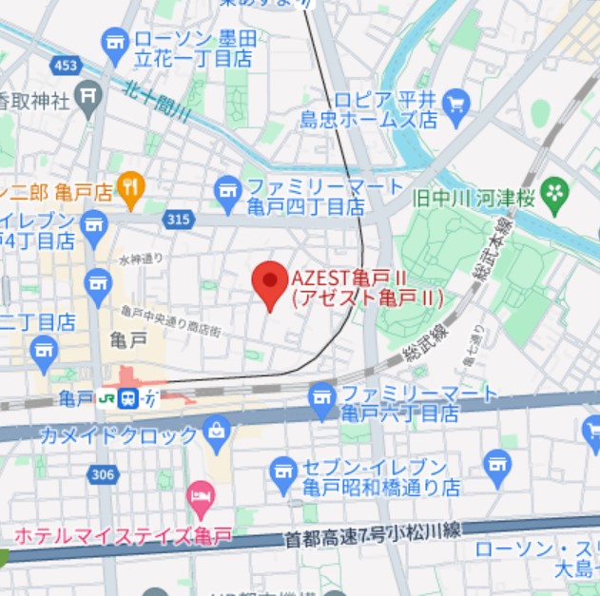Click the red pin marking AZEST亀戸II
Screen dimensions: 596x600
(x=270, y=282)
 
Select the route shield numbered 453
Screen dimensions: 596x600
(x=67, y=66)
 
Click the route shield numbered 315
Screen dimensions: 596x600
(x=178, y=221)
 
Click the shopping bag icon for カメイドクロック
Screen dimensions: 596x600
(x=217, y=434)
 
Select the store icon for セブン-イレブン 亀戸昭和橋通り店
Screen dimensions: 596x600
(x=282, y=470)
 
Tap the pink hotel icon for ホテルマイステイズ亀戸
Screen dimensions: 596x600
(x=200, y=494)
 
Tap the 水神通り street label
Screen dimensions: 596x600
(x=141, y=258)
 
